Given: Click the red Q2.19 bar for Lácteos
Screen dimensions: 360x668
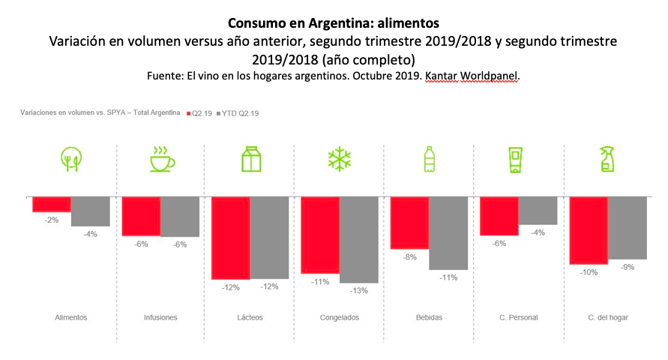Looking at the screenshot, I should (x=231, y=238).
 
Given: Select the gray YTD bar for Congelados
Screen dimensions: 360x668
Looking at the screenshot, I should (x=358, y=240).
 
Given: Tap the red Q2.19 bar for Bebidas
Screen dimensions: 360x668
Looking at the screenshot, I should (x=409, y=223).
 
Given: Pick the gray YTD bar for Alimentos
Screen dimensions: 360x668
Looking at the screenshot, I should (x=91, y=211).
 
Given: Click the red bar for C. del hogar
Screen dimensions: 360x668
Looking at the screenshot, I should (x=589, y=230).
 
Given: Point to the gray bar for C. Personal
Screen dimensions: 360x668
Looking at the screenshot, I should (x=538, y=211).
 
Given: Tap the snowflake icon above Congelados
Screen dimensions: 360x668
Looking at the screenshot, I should (x=340, y=159).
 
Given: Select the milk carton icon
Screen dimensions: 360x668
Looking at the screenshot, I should (x=250, y=159).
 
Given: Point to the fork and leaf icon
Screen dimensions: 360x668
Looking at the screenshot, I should (x=71, y=159).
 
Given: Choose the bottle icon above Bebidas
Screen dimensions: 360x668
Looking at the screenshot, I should (x=429, y=159).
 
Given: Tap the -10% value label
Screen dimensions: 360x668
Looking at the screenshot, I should (x=589, y=272).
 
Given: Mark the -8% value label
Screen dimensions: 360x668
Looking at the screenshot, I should (x=409, y=256).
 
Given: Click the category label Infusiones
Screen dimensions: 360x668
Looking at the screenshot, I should (x=160, y=317).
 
